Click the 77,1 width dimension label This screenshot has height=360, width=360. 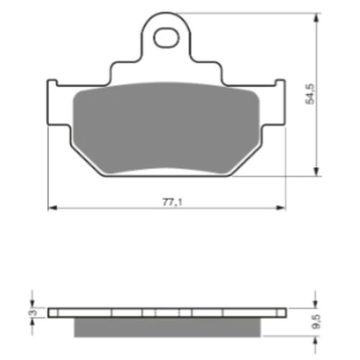173,202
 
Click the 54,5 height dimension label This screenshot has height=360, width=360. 310,94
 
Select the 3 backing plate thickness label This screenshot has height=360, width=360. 35,312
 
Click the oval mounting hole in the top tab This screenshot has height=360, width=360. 166,38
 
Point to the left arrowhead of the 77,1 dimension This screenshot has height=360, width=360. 53,208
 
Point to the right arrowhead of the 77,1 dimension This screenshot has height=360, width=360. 281,208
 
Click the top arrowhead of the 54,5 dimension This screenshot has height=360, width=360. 317,18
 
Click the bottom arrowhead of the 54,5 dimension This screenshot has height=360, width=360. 317,171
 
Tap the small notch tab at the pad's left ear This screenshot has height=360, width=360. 52,82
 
